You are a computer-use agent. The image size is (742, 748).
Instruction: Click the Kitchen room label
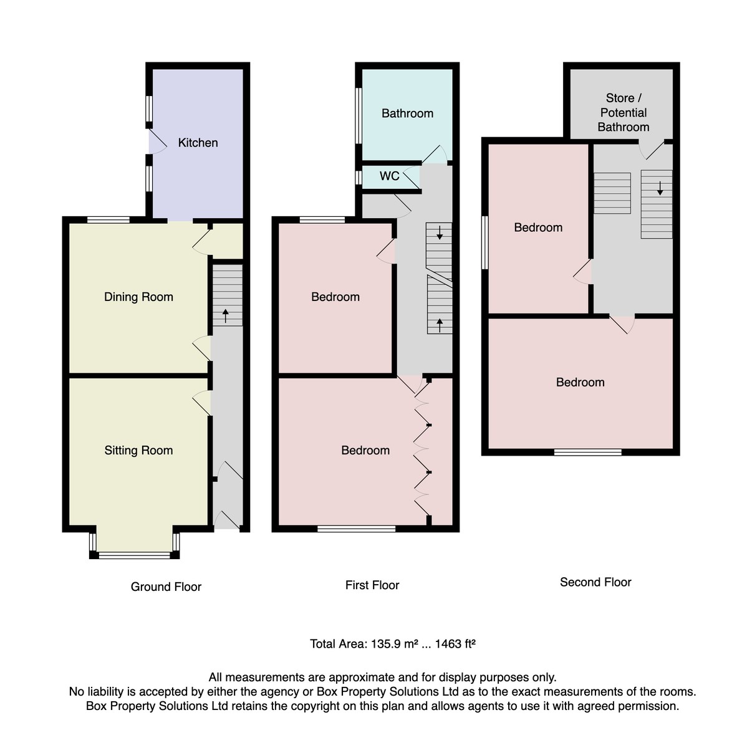coord(198,143)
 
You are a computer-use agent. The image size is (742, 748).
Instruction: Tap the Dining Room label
coord(138,297)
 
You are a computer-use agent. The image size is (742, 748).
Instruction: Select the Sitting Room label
coord(138,450)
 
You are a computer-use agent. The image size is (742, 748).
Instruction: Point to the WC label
coord(389,176)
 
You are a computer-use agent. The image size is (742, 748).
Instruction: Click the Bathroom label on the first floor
coord(407,113)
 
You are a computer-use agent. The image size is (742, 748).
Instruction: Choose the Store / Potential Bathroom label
coord(623,113)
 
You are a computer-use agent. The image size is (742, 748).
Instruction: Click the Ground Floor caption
coord(166,587)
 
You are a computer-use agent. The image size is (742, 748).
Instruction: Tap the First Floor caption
coord(372,585)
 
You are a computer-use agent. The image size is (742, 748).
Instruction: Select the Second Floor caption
coord(595,582)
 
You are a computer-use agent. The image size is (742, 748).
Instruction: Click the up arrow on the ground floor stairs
coord(225,316)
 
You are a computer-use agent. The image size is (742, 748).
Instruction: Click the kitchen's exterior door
coord(157,141)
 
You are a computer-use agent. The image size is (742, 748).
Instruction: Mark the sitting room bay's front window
coord(135,555)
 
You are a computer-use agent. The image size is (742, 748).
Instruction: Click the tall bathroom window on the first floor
coord(359,116)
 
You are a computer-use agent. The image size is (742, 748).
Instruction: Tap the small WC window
coord(359,178)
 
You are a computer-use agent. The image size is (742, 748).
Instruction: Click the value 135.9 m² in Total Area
coord(394,644)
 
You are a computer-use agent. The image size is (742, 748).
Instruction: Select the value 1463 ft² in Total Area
coord(455,644)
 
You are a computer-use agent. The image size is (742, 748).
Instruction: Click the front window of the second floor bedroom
coord(587,452)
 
